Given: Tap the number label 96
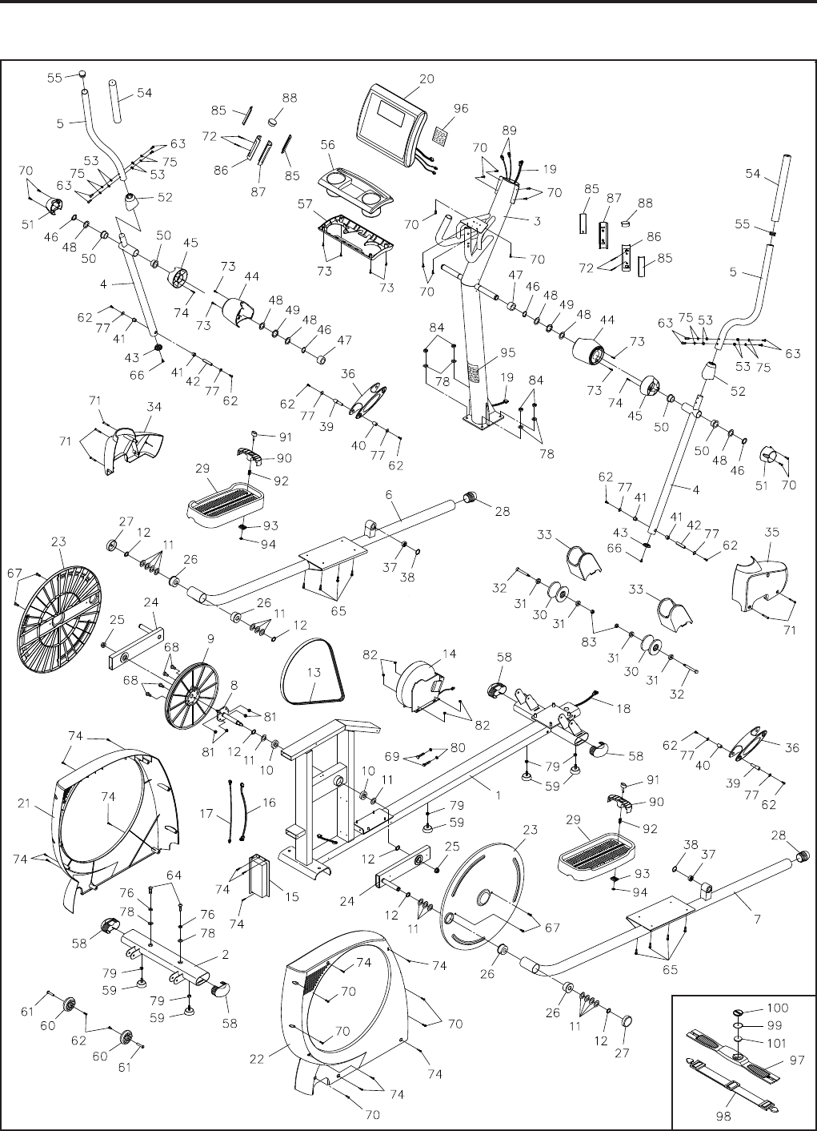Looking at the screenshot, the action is pyautogui.click(x=461, y=108).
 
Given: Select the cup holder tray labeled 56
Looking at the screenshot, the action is pyautogui.click(x=357, y=190).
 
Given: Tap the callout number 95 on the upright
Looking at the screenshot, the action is pyautogui.click(x=508, y=352).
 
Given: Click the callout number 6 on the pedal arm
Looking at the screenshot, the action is pyautogui.click(x=389, y=494).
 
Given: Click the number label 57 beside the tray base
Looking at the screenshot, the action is pyautogui.click(x=305, y=204).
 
